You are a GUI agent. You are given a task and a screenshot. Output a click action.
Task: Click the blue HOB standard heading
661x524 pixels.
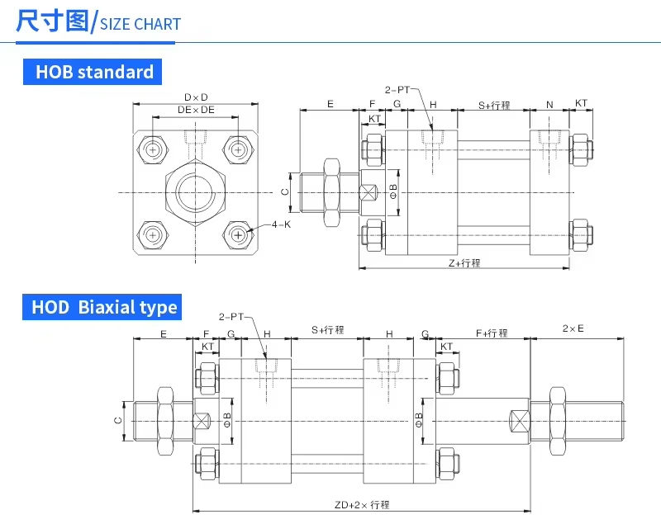93,72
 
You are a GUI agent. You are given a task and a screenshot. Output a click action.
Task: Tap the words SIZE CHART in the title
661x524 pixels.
140,24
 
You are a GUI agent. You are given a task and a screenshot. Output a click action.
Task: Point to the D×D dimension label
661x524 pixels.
196,97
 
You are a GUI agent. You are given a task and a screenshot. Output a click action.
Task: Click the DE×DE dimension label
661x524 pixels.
196,110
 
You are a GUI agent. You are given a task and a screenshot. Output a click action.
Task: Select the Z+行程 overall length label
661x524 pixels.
464,262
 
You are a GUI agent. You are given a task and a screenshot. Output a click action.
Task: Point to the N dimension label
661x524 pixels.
549,104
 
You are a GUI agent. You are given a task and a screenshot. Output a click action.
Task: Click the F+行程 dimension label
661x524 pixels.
492,333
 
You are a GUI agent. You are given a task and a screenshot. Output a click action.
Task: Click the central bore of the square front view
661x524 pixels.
196,192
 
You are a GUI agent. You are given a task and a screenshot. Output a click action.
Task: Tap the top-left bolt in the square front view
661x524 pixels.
153,149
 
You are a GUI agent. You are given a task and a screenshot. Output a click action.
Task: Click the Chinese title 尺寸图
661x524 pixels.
51,21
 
